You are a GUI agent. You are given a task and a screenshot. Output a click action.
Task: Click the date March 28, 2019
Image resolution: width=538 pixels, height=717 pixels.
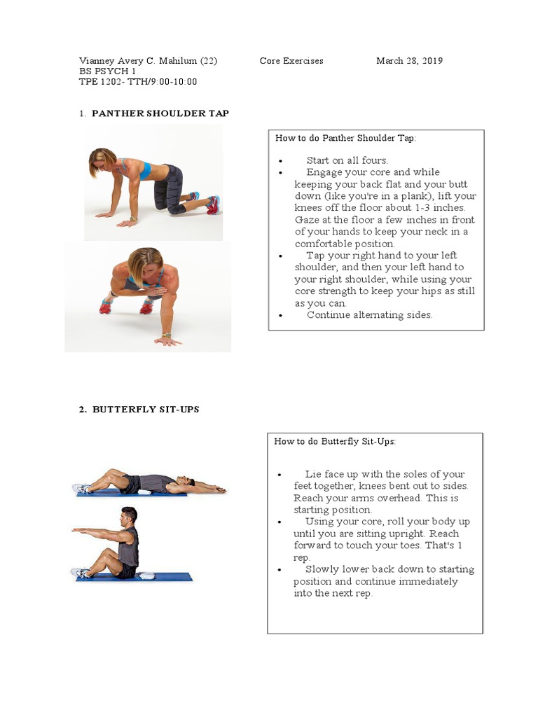tap(409, 61)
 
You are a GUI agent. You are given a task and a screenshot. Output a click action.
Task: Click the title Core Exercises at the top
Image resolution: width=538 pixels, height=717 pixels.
tap(291, 61)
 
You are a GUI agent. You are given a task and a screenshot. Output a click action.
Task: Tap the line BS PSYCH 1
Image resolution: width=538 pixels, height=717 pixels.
tap(108, 71)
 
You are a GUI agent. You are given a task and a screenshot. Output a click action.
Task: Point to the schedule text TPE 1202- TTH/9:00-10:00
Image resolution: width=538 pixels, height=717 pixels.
tap(138, 82)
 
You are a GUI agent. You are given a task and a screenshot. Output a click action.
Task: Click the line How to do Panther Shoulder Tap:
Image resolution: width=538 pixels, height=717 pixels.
tap(345, 138)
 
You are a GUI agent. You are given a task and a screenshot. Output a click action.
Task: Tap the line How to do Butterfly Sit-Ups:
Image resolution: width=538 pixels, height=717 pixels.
tap(335, 441)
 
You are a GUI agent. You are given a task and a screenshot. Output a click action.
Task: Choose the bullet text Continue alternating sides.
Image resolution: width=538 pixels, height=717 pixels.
tap(369, 315)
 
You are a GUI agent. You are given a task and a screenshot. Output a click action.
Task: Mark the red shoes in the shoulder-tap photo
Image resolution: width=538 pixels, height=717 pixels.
tap(126, 306)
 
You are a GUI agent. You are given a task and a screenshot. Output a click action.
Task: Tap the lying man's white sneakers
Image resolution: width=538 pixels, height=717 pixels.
tap(83, 488)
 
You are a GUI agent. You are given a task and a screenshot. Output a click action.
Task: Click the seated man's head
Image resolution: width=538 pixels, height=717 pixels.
tap(128, 516)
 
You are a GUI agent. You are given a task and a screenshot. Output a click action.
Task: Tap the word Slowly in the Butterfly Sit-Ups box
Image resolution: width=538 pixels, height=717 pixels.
tap(322, 569)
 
